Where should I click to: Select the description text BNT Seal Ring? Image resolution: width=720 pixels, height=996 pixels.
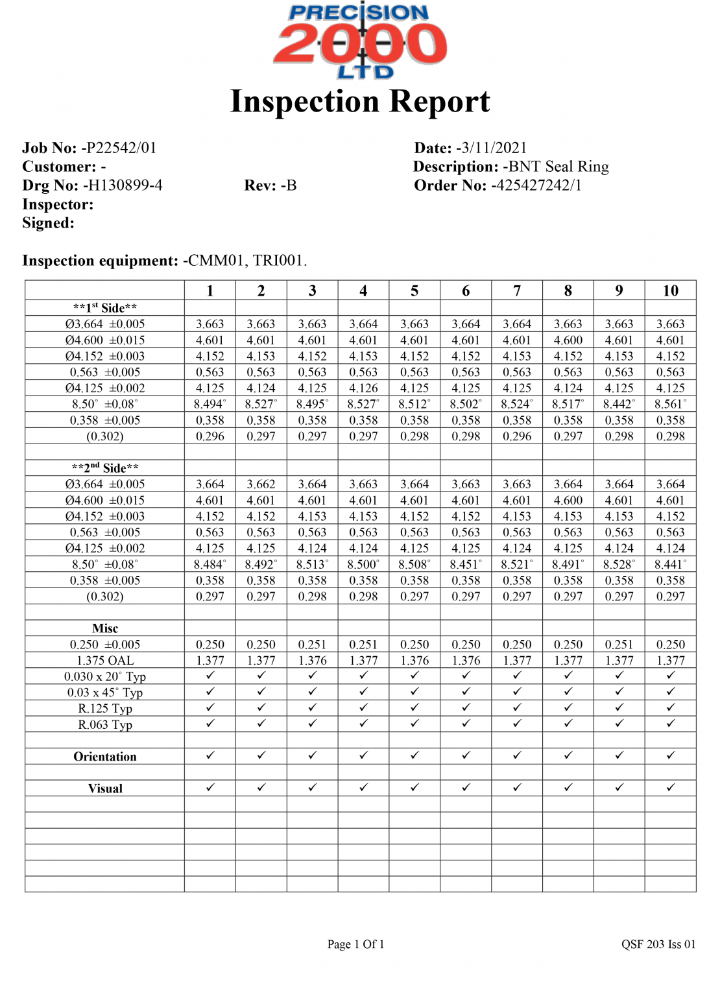558,167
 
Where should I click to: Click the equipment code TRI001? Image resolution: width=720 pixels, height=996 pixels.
278,261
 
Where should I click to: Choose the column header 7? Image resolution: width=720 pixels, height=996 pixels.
517,291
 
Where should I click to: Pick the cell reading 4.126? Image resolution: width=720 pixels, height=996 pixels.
363,388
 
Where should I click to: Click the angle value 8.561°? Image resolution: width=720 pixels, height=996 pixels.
670,405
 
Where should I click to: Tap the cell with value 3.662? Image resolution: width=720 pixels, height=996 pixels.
261,484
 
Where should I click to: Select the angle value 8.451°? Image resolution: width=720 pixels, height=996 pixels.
466,565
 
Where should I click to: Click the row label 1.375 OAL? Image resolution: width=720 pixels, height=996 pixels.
105,661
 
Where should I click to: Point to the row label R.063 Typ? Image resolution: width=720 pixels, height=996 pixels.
105,725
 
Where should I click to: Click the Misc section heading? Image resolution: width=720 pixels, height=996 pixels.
105,628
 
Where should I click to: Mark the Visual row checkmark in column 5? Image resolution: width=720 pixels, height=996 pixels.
414,788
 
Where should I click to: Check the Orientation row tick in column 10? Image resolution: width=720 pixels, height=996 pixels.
670,755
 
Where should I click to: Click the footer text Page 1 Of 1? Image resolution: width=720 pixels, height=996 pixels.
355,945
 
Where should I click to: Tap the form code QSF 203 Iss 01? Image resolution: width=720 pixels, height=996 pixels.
658,945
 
